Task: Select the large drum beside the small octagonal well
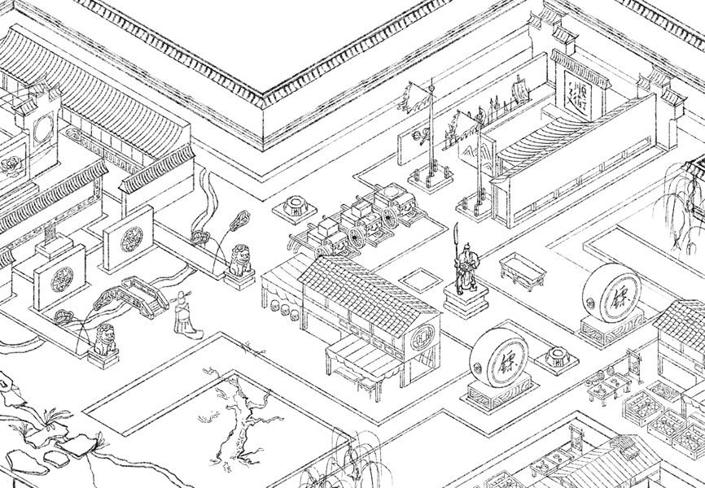click(x=499, y=361)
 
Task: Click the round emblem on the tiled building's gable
click(x=423, y=336)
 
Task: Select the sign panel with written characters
click(x=580, y=90)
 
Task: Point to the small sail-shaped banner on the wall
click(x=519, y=84)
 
